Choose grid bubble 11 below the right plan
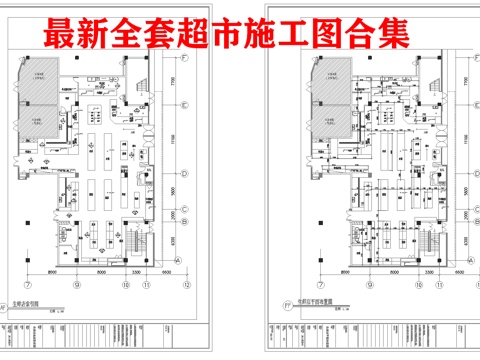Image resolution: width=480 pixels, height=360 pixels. point(410,283)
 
